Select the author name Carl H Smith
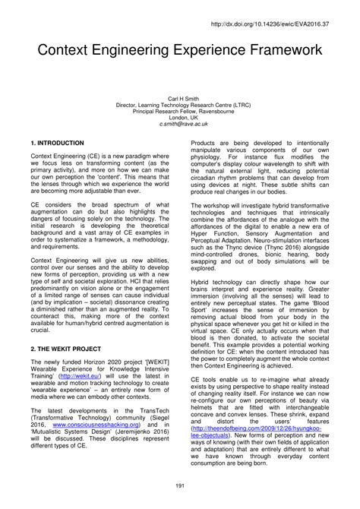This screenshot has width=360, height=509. pos(179,99)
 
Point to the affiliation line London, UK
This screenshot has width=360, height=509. pos(179,117)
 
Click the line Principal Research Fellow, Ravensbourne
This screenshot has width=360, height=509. pos(179,111)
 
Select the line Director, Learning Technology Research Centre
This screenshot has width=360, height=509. pos(179,105)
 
